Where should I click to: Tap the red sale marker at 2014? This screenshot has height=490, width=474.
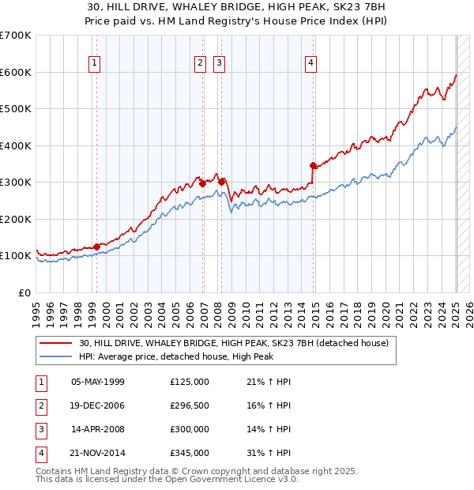(313, 165)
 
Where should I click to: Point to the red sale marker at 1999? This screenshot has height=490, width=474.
(97, 247)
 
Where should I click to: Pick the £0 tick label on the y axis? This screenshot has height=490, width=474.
(24, 292)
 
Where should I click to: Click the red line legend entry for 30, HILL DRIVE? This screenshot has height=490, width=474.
(233, 344)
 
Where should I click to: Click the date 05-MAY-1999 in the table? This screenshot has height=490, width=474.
(98, 382)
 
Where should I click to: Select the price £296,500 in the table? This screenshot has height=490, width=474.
(190, 405)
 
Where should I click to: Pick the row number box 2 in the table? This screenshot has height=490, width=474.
(39, 405)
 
